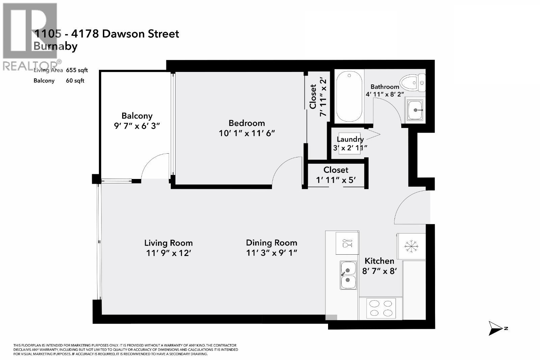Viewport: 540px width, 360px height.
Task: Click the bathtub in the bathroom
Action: click(x=349, y=97)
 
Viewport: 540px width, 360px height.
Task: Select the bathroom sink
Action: click(x=415, y=110)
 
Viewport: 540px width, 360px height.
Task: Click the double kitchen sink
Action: click(x=348, y=275)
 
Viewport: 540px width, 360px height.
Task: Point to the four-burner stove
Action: click(x=381, y=308)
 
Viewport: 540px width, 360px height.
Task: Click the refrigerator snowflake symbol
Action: click(x=411, y=246)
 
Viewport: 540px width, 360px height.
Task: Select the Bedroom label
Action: click(x=247, y=123)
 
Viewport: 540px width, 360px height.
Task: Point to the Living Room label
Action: click(x=168, y=243)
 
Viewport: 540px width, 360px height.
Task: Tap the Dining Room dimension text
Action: click(x=271, y=253)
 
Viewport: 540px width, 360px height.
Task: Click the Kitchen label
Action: click(x=379, y=261)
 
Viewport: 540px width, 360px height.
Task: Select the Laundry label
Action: click(x=350, y=139)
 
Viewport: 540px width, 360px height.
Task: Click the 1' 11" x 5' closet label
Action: click(x=335, y=180)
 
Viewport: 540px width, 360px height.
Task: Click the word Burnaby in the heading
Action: click(x=55, y=46)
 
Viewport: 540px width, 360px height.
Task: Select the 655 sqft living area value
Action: click(x=77, y=70)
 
